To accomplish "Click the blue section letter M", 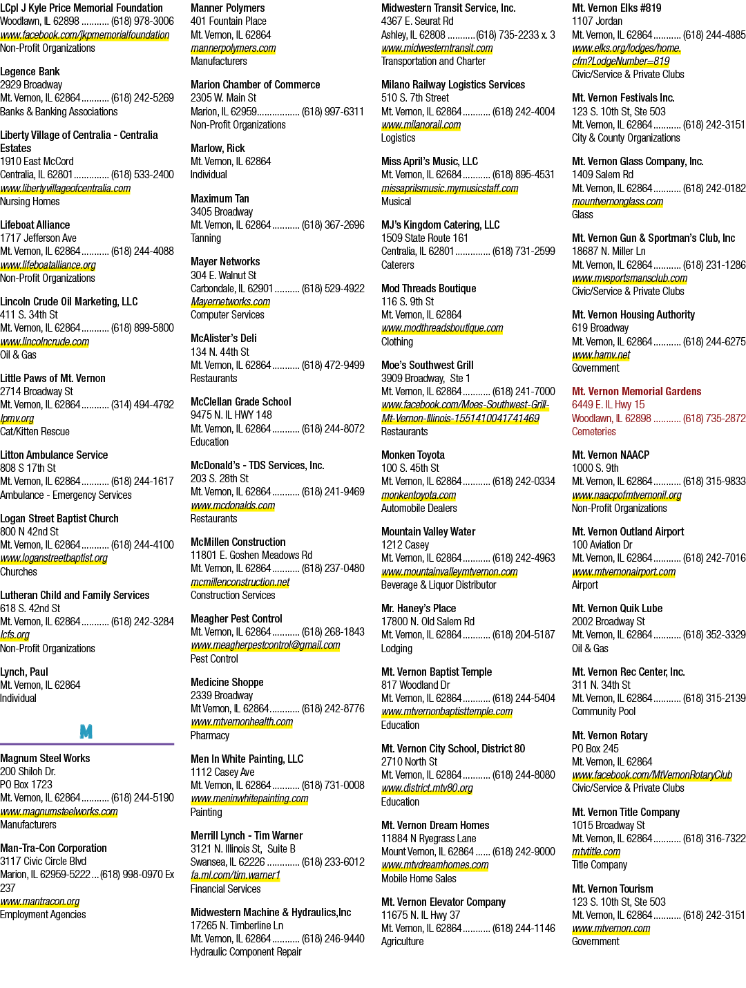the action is point(86,732).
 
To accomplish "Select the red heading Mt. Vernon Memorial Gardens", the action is point(636,391).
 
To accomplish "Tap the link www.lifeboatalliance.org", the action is point(48,265).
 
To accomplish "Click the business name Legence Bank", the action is point(30,71).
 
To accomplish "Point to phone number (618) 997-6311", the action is point(332,111).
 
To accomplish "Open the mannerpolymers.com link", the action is point(233,48).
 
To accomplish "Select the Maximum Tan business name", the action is point(220,198).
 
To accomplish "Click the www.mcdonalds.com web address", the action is point(233,505).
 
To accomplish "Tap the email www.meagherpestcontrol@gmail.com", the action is point(265,645).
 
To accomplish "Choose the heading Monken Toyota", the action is point(412,455).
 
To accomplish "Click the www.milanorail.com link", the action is point(421,124).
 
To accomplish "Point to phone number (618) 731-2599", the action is point(524,251).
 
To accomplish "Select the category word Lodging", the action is point(396,648).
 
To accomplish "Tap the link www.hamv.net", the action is point(601,354).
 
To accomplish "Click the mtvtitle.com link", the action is point(595,852).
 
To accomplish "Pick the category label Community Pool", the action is point(604,711).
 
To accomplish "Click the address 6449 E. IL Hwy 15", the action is point(608,404).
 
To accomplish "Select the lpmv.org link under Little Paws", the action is point(17,418).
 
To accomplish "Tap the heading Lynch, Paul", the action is point(24,672).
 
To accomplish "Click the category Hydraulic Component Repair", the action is point(246,951).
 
